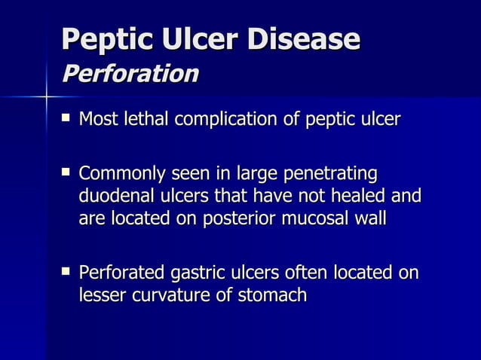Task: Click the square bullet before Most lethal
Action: pos(67,118)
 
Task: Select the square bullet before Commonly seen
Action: pos(67,173)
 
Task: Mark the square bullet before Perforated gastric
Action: pos(67,272)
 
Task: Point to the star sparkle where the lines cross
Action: pos(46,97)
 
